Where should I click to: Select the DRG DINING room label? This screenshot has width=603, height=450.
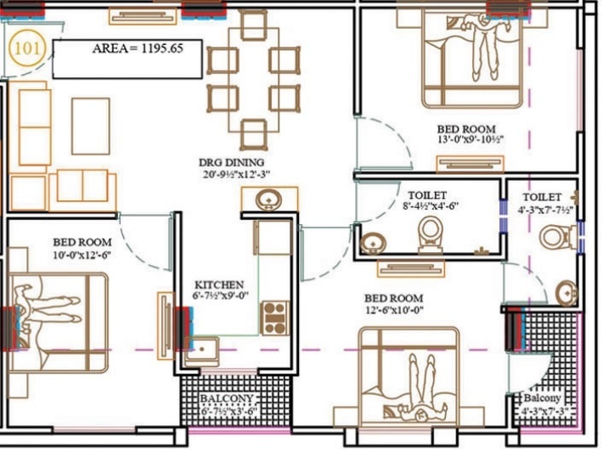[232, 162]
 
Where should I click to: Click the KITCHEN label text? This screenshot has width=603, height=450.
[220, 284]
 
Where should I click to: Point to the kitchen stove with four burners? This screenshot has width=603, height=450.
[274, 318]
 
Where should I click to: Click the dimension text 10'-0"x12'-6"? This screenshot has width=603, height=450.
[82, 254]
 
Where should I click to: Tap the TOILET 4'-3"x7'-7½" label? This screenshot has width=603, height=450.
[544, 203]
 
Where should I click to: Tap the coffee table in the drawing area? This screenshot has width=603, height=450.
[91, 126]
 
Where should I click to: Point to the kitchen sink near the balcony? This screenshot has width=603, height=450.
[203, 348]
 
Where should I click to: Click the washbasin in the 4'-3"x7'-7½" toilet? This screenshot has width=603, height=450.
[567, 294]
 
